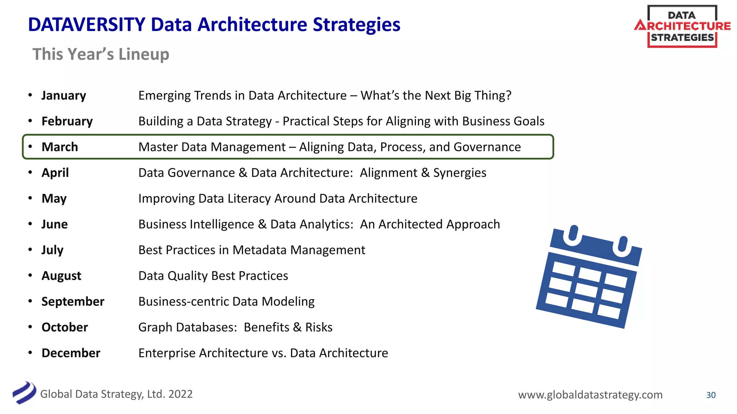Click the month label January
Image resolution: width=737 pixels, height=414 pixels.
(x=64, y=96)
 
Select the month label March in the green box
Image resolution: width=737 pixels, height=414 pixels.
(x=60, y=147)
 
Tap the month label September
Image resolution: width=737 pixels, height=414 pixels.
(x=73, y=302)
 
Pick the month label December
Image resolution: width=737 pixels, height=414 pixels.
(x=71, y=353)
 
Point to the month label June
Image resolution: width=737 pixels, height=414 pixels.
(x=54, y=224)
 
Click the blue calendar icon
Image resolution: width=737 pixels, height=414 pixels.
(x=589, y=277)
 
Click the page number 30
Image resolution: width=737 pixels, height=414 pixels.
(x=711, y=395)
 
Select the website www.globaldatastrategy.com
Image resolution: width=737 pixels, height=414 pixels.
(x=590, y=395)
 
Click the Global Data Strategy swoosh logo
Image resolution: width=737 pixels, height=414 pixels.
(x=24, y=393)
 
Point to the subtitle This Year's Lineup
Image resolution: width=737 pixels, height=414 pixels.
(x=101, y=54)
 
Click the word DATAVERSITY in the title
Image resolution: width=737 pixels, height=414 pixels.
(x=86, y=25)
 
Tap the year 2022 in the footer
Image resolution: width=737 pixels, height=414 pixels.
(x=180, y=394)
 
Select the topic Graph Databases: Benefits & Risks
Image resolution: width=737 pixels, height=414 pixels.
(x=235, y=327)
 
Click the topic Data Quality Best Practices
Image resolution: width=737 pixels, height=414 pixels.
(x=213, y=276)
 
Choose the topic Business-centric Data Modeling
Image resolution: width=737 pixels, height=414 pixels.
(x=226, y=302)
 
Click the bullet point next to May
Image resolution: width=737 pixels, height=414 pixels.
(x=30, y=198)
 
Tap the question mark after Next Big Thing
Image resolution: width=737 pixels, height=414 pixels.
(x=508, y=96)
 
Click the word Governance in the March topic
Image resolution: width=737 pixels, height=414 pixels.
(x=487, y=147)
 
